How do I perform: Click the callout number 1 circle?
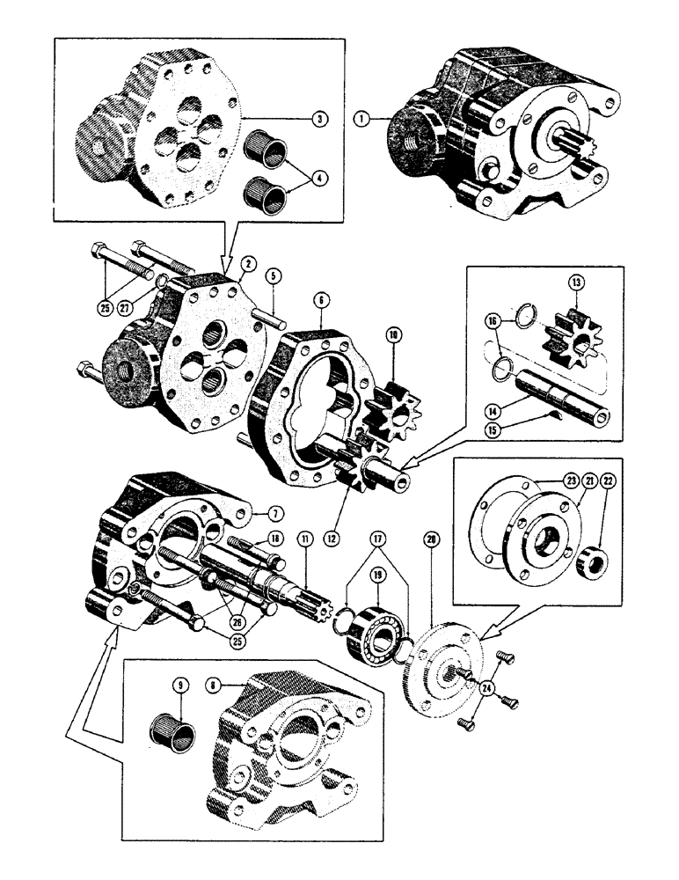362,116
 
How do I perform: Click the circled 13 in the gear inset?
576,283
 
